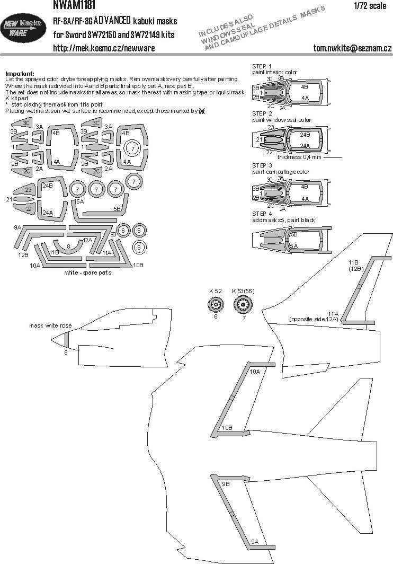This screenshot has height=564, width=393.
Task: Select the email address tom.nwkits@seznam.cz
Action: click(352, 49)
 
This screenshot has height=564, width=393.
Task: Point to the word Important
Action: click(19, 73)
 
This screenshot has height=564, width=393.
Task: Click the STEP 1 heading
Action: click(262, 66)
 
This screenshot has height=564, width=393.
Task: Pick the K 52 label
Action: click(215, 291)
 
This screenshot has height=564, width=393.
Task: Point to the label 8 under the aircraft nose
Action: click(66, 352)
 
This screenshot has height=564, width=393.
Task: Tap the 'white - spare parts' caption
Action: click(87, 272)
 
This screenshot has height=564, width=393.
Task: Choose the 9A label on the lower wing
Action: click(254, 541)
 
